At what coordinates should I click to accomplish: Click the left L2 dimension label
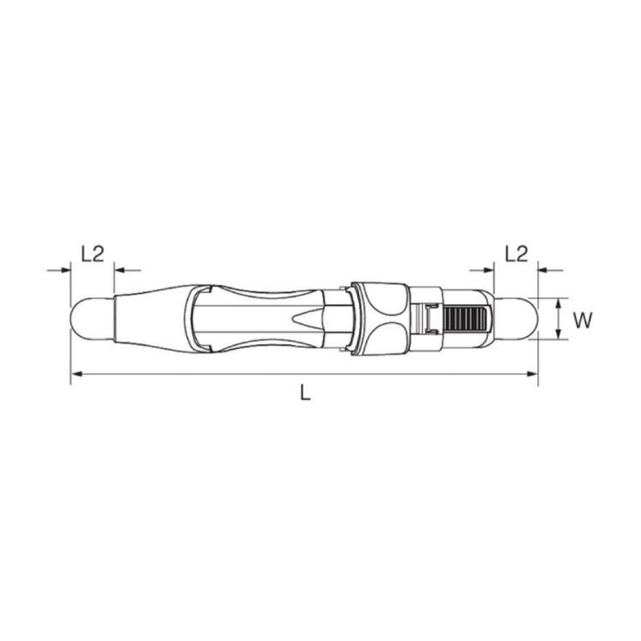tap(93, 254)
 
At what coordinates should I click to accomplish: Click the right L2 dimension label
tap(516, 254)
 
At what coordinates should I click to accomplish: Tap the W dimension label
tap(582, 320)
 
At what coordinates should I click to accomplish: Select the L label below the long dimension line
tap(305, 393)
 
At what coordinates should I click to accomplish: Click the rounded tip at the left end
tap(92, 319)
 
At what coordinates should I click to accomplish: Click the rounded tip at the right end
tap(516, 319)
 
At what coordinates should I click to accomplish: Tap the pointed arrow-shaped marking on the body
tap(305, 319)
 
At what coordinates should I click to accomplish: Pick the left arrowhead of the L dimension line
tap(77, 374)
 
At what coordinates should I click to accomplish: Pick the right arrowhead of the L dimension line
tap(532, 374)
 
